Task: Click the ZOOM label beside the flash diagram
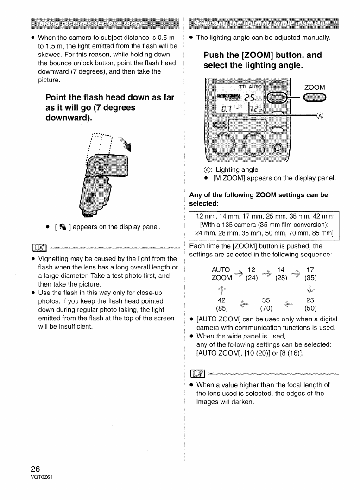point(314,87)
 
